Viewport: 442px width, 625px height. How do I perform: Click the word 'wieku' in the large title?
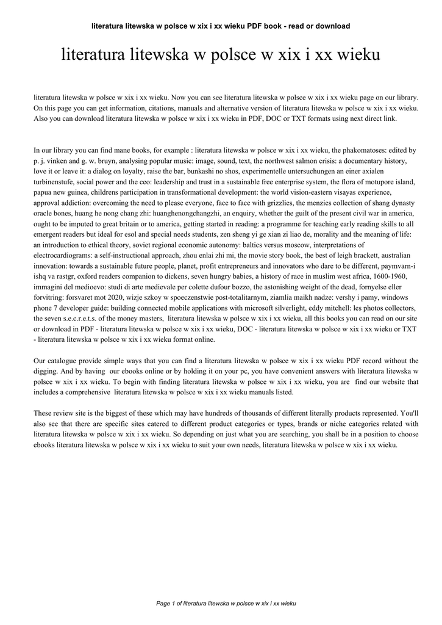coord(358,56)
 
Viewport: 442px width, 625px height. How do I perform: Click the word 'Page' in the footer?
coord(163,604)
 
